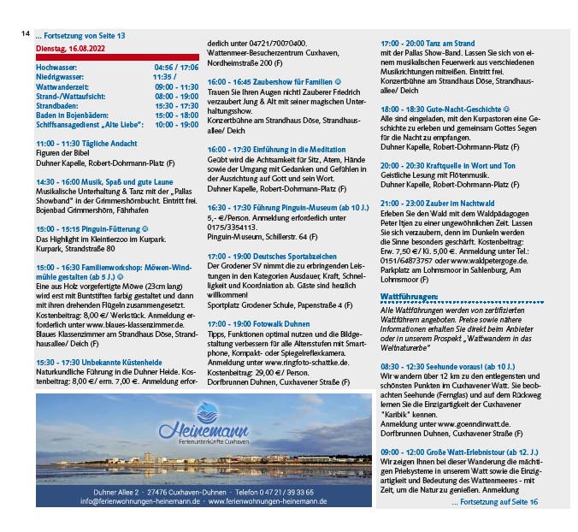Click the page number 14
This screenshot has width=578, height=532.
pyautogui.click(x=26, y=34)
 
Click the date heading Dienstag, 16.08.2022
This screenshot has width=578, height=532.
pyautogui.click(x=71, y=50)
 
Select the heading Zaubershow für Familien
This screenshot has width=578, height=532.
pyautogui.click(x=272, y=82)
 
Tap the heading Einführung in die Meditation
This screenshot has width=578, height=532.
pyautogui.click(x=274, y=149)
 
